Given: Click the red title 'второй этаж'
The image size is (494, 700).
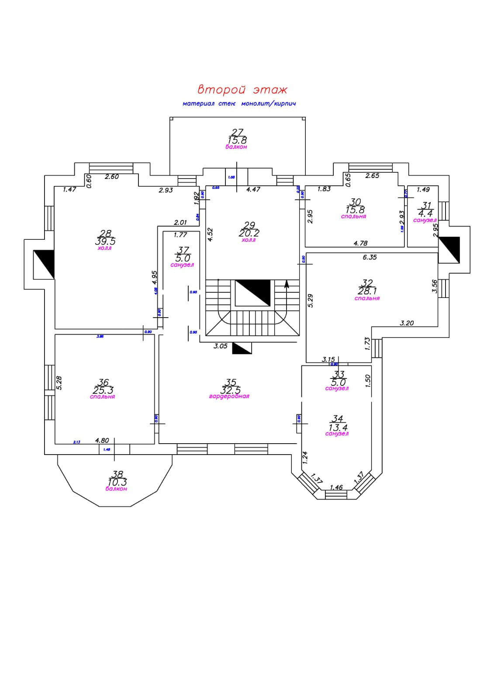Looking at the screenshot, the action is coord(242,90).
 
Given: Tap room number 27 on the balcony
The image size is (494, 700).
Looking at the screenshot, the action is coord(237,132).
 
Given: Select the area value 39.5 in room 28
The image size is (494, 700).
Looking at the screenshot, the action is coord(105,241).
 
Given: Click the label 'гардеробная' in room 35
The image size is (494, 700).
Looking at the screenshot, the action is coord(229,396).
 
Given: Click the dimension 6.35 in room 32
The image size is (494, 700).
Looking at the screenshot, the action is coord(370,257).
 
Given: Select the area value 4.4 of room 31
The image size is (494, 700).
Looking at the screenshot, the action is coord(425,213).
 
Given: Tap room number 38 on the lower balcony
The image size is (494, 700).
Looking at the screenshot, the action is coord(117,474).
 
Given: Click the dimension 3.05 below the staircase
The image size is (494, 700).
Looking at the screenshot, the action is coord(220,346).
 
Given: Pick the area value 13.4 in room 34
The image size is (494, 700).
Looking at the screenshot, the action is coord(337,427).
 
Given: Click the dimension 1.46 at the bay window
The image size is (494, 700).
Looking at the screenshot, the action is coord(336,487).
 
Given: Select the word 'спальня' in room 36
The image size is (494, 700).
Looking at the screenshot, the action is coord(102,397).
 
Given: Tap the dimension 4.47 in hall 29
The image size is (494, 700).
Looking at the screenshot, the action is coord(253,189).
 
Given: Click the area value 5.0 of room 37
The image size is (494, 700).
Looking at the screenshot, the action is coord(182,258).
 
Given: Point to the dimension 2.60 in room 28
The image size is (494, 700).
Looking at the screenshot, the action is coord(112,177).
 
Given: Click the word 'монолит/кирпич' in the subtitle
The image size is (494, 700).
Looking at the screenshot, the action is coord(269,104).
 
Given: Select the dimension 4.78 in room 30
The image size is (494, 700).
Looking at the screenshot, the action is coord(360,243).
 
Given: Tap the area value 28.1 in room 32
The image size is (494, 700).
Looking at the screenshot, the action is coord(367,291).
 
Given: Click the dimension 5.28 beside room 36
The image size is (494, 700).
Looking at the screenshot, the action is coord(59,383).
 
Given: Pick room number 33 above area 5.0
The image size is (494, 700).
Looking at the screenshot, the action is coord(339,374).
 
